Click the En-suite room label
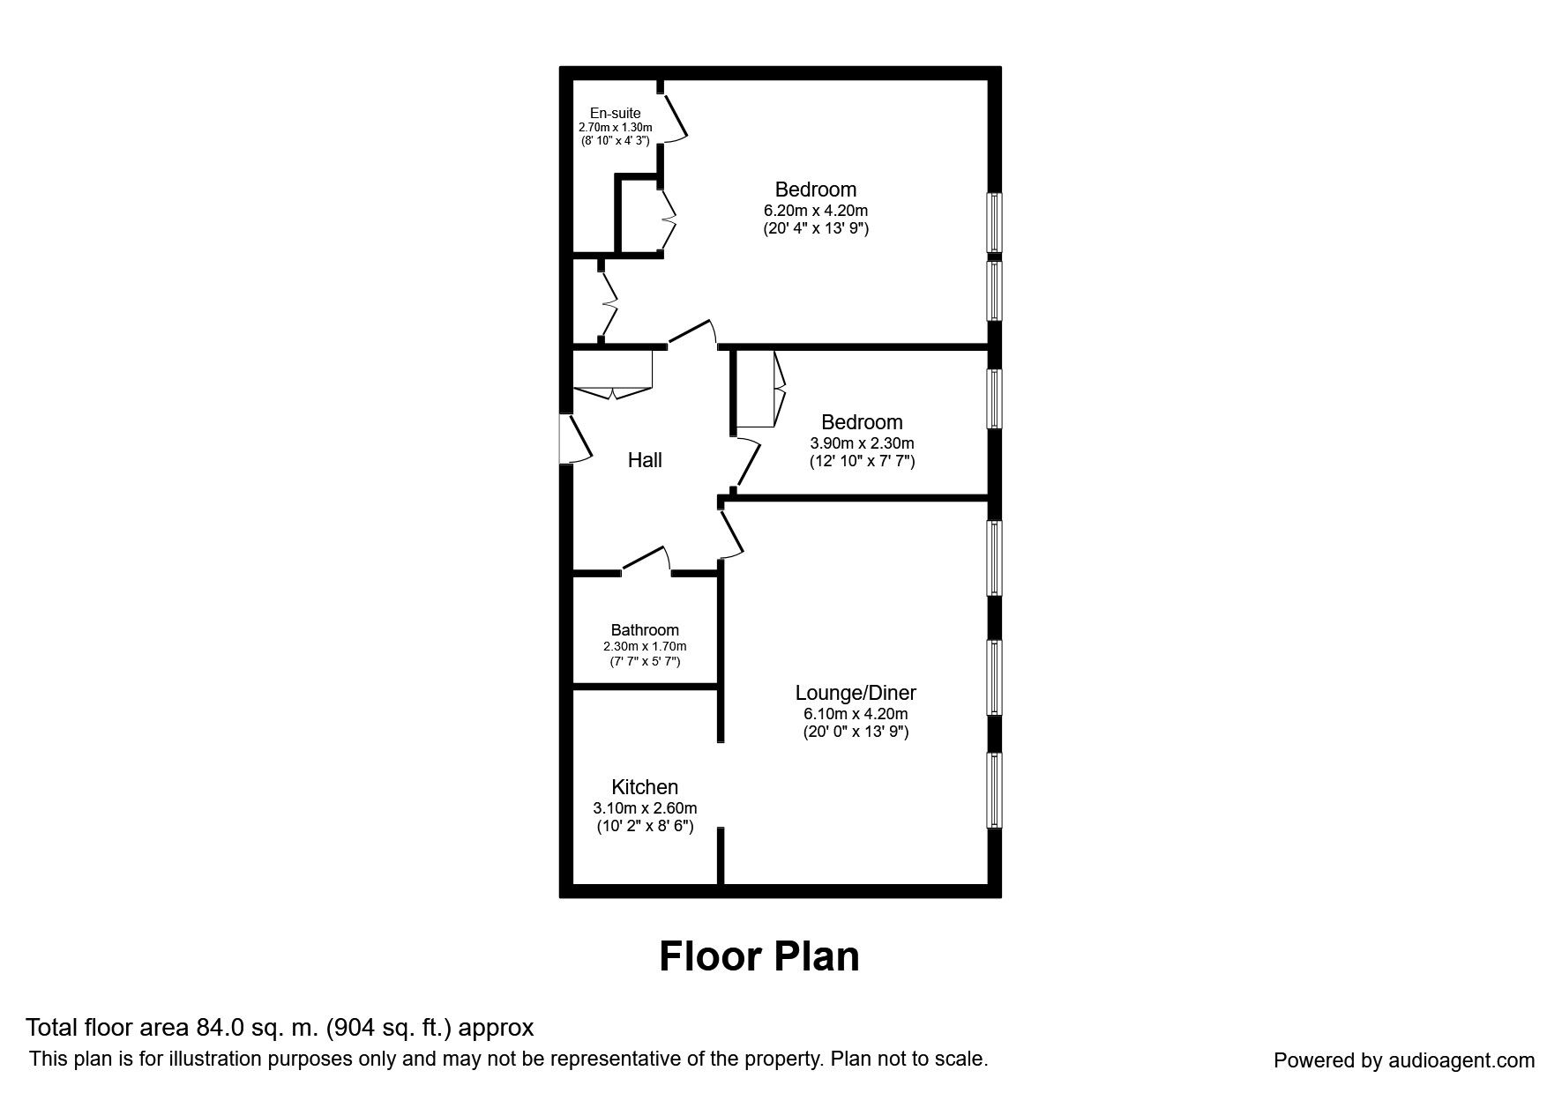pos(615,113)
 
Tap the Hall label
pos(645,460)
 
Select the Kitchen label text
pos(645,787)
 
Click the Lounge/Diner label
pos(855,693)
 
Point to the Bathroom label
pos(645,630)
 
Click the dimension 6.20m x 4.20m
pos(815,211)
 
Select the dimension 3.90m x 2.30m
pos(862,443)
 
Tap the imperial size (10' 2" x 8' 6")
pos(645,827)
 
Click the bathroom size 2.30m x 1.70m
pos(645,647)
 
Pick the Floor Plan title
pos(759,956)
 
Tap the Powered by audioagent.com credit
pos(1404,1060)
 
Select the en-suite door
pos(675,115)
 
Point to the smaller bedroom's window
pos(994,398)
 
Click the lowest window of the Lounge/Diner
pos(994,790)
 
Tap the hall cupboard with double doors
pos(613,370)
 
